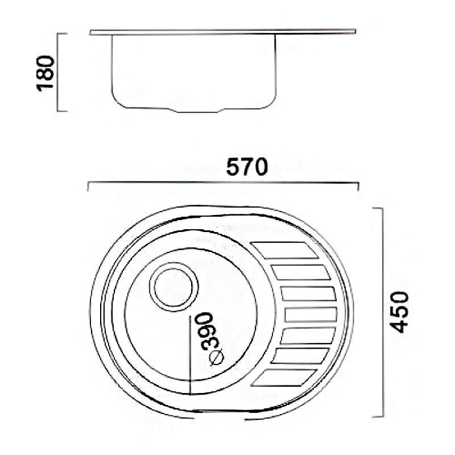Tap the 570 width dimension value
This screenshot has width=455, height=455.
pyautogui.click(x=247, y=168)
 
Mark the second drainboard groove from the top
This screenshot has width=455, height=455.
pyautogui.click(x=301, y=272)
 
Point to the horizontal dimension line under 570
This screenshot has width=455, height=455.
pyautogui.click(x=223, y=184)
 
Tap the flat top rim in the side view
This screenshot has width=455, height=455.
pyautogui.click(x=222, y=32)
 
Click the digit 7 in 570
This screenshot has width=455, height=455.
pyautogui.click(x=247, y=168)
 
